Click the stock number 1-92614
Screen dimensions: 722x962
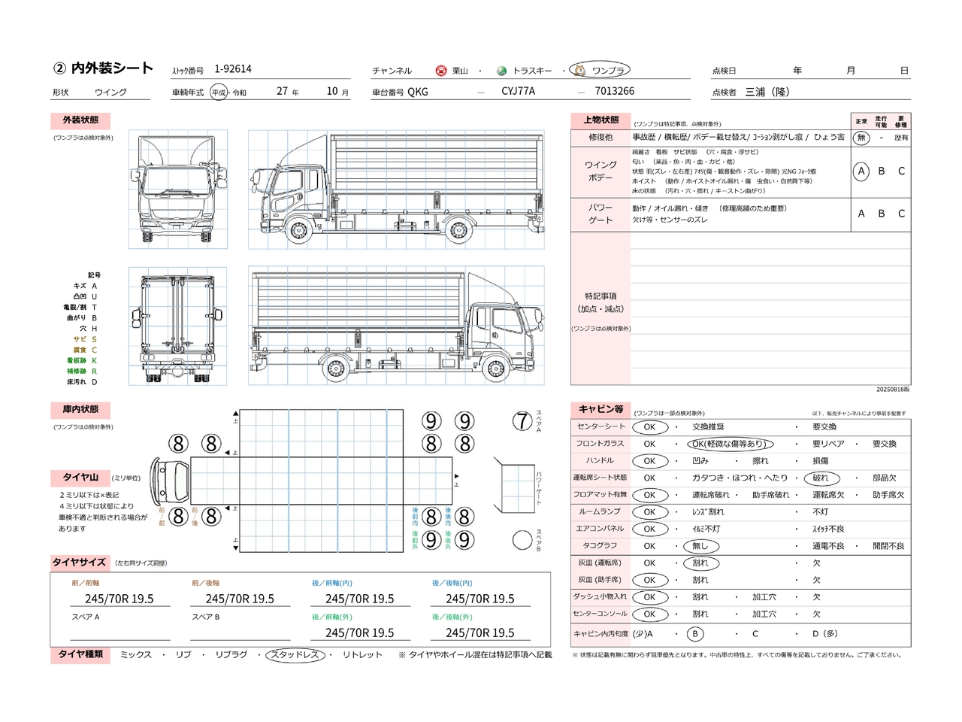233,69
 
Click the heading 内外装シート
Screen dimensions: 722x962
112,68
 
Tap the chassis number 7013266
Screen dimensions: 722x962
614,91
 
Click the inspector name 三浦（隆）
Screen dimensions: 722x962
767,92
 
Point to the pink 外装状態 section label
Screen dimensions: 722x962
80,120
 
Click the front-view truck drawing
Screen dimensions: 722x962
178,190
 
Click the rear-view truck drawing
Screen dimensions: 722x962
178,326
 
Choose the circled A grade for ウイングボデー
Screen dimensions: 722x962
861,171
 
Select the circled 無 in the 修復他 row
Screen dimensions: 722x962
861,138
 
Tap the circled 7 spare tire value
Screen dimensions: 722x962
522,421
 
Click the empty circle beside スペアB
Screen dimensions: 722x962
522,539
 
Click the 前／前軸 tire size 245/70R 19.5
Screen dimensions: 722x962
119,599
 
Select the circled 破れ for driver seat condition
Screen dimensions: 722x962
820,478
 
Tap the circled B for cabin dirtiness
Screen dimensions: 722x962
695,634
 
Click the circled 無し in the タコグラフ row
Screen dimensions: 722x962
700,546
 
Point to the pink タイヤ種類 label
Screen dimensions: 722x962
80,654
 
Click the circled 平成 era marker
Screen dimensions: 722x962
219,93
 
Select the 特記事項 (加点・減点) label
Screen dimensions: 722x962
600,302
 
